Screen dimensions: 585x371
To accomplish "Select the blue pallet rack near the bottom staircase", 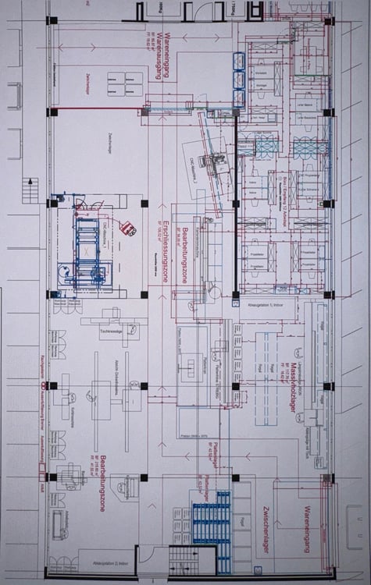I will (x=212, y=518).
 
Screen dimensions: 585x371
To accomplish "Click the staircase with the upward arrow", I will (x=30, y=190).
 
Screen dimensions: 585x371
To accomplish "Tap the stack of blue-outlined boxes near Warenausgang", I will (x=238, y=79).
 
